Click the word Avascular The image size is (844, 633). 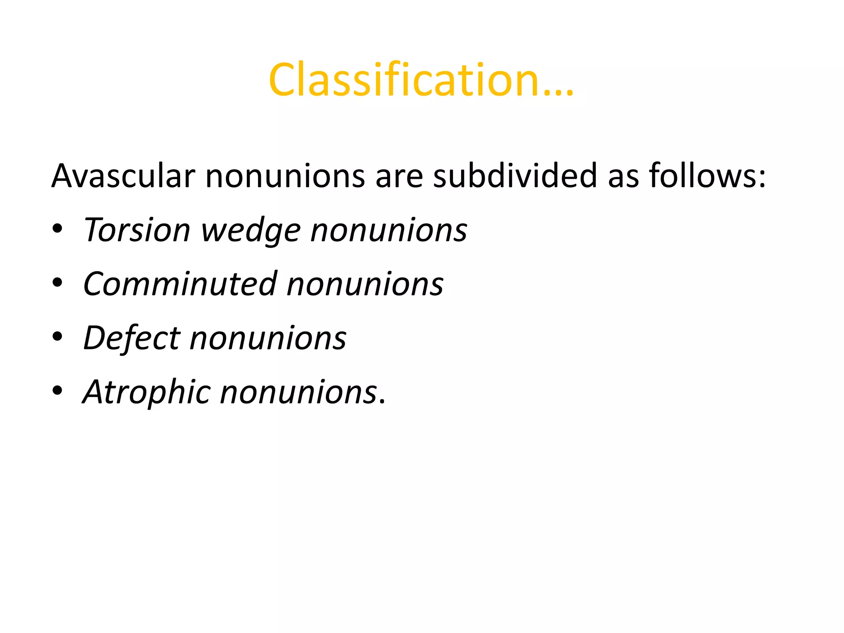click(x=123, y=176)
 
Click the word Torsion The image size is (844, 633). click(x=136, y=230)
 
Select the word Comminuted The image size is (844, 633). click(x=180, y=284)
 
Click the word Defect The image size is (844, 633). click(x=131, y=338)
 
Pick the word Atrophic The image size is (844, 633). click(x=146, y=392)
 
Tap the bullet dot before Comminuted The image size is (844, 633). click(x=57, y=283)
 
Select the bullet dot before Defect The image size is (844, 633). click(x=57, y=337)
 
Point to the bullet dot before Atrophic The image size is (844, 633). click(x=57, y=391)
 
